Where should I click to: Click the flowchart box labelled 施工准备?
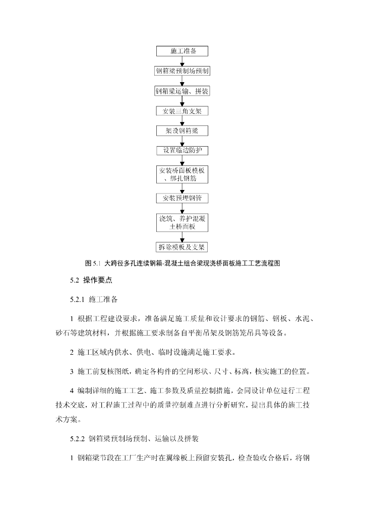(182, 51)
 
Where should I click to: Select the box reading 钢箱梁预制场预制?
(182, 71)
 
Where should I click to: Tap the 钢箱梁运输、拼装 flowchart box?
(182, 91)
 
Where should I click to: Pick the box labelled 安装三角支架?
(182, 111)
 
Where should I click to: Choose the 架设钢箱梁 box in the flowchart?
(182, 131)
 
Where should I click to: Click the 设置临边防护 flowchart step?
(182, 151)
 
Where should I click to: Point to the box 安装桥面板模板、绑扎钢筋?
(182, 174)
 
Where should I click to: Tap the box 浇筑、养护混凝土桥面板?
(182, 222)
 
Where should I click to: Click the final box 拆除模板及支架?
(182, 247)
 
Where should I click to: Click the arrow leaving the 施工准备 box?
(182, 61)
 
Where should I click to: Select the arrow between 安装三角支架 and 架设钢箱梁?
(182, 121)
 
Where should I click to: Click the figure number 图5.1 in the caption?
(94, 263)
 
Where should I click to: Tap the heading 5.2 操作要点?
(91, 281)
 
